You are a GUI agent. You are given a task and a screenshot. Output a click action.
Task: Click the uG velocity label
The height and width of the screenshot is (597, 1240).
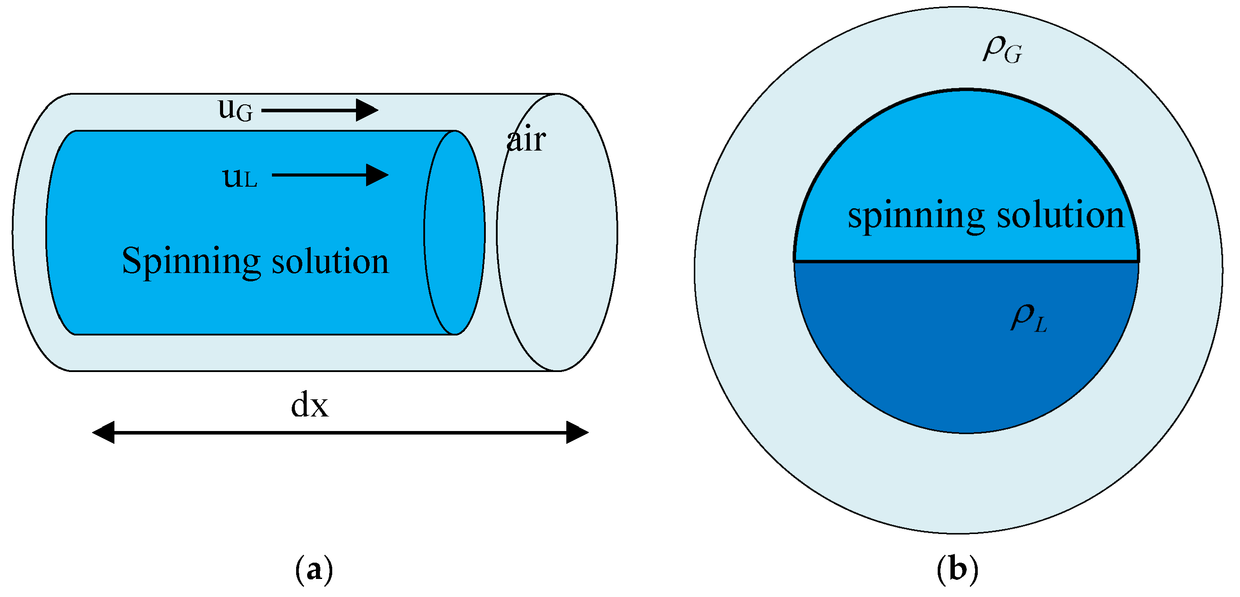point(235,110)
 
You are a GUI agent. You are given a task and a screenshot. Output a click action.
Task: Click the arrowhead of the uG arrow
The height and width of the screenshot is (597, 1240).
point(368,110)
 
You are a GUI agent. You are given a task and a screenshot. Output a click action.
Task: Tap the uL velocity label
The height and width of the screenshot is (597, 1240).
point(239,177)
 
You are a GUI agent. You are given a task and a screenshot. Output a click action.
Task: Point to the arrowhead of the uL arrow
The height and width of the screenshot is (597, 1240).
point(378,175)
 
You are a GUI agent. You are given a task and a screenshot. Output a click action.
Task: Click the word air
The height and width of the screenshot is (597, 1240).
point(526,140)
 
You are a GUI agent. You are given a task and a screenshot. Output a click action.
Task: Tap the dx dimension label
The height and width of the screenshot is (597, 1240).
point(309,405)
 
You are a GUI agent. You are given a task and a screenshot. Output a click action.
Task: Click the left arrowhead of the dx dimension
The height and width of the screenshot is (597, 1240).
point(103,433)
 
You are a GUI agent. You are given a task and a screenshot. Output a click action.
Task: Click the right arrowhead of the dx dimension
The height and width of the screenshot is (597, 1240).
point(578,433)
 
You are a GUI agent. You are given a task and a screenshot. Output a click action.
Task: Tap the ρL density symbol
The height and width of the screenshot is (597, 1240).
point(1029,319)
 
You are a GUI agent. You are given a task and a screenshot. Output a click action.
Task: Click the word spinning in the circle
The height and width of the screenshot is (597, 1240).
point(916,215)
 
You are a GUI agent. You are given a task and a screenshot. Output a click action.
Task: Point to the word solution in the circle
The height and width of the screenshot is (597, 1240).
point(1060,215)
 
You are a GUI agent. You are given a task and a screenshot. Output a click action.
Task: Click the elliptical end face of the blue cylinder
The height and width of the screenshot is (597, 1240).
point(455,233)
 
